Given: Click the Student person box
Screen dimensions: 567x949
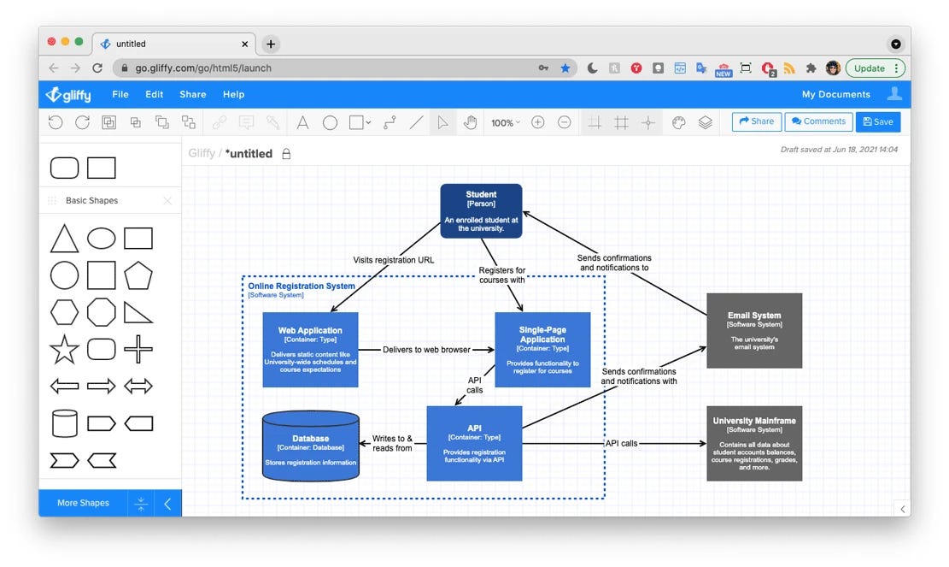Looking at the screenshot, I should click(481, 210).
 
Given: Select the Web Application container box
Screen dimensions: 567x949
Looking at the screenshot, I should click(310, 349).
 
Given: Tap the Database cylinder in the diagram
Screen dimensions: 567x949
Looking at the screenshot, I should click(310, 446).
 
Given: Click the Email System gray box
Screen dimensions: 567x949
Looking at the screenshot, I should click(753, 330).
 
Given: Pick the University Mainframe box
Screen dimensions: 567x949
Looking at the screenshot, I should click(753, 443).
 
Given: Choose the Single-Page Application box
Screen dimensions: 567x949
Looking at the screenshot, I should click(542, 349).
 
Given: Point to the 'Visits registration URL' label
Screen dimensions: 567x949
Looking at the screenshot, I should click(394, 260).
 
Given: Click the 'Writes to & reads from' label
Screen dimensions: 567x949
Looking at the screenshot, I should click(392, 443).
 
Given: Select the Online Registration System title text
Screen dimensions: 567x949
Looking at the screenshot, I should click(302, 286).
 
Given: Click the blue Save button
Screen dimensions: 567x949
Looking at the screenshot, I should click(877, 121).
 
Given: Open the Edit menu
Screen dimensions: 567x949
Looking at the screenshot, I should click(154, 95).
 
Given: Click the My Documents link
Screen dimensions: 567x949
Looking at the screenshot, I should click(835, 95).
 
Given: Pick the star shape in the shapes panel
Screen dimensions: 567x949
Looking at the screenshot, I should click(64, 349).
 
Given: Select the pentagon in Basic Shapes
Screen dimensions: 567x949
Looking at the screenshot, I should click(138, 275).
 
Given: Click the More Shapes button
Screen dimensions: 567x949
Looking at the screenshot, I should click(83, 503).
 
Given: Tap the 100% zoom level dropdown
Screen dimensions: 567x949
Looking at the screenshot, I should click(505, 122).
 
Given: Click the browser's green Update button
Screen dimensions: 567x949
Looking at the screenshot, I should click(875, 68).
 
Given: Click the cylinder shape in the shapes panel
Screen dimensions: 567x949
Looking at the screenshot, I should click(64, 422).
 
